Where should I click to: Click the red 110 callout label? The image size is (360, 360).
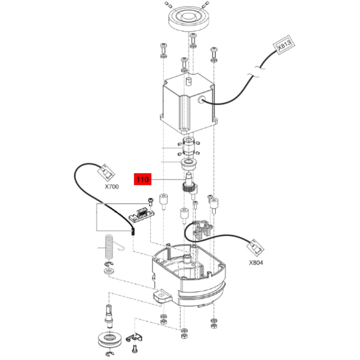(143, 179)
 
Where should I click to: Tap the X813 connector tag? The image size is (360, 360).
(284, 45)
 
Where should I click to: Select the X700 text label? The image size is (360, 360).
(112, 186)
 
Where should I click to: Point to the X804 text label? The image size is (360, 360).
(256, 262)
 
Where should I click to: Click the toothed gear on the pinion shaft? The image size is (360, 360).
(189, 187)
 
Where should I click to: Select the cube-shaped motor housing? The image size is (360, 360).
(189, 103)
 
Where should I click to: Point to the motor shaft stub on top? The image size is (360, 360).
(189, 81)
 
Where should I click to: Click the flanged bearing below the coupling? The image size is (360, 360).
(189, 163)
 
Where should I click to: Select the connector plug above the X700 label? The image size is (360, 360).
(107, 172)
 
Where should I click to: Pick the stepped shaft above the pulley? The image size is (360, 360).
(109, 315)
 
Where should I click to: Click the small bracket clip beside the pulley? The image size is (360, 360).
(134, 337)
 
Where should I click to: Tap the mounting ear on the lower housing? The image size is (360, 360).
(162, 296)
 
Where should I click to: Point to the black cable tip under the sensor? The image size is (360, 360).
(133, 231)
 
